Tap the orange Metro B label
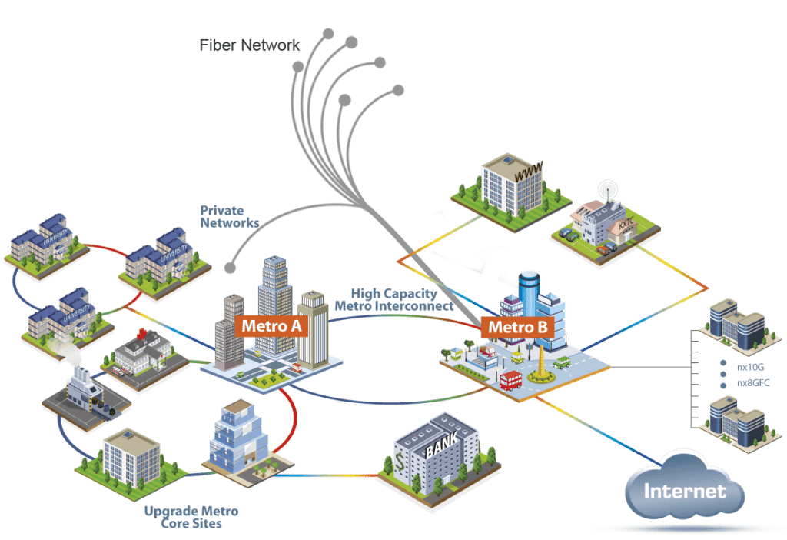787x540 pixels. pyautogui.click(x=518, y=328)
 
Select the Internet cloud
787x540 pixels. pyautogui.click(x=684, y=491)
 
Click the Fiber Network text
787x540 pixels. pyautogui.click(x=250, y=45)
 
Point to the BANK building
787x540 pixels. pyautogui.click(x=435, y=454)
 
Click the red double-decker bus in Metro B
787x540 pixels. pyautogui.click(x=511, y=379)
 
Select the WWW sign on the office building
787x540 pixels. pyautogui.click(x=528, y=175)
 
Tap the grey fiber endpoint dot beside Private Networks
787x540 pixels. pyautogui.click(x=230, y=268)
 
